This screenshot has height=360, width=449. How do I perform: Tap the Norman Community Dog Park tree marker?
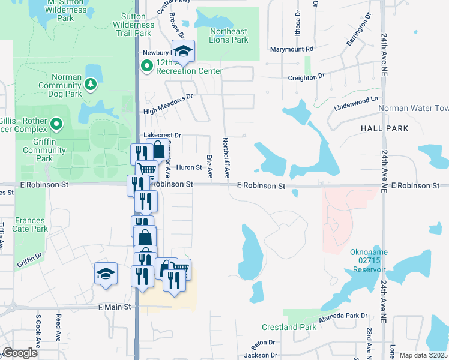point(91,84)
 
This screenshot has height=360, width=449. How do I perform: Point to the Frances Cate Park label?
point(31,224)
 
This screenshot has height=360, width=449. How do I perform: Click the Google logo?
point(20,353)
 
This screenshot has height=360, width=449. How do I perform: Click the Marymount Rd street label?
point(292,49)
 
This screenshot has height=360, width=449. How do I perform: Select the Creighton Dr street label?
point(306,77)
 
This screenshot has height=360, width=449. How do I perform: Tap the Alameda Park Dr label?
point(343,316)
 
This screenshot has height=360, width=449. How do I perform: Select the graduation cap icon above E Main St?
point(106,274)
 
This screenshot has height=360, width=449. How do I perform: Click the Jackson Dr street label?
point(260,355)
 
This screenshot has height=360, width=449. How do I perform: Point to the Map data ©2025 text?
point(423,355)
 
